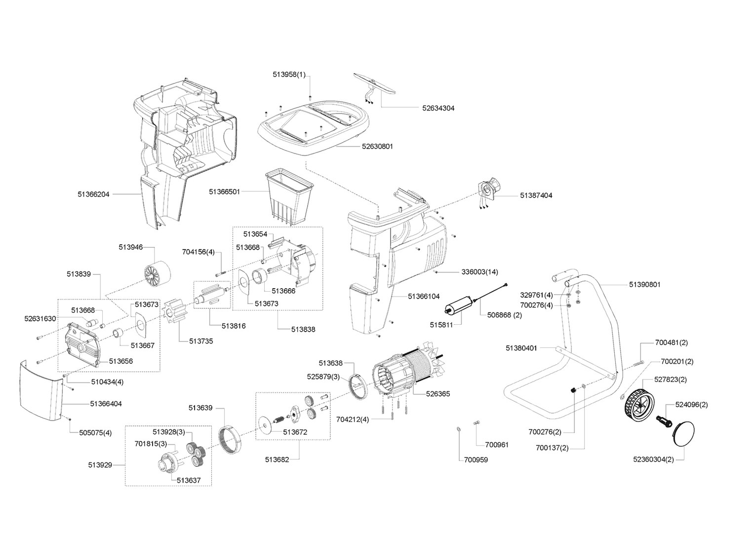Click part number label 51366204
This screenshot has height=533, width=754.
pyautogui.click(x=93, y=194)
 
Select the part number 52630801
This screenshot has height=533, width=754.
pyautogui.click(x=377, y=147)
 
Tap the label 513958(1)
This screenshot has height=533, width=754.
pyautogui.click(x=289, y=75)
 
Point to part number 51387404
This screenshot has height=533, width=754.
pyautogui.click(x=536, y=195)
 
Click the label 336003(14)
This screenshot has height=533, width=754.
pyautogui.click(x=479, y=272)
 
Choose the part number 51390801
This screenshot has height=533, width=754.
pyautogui.click(x=644, y=285)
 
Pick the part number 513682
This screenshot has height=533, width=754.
pyautogui.click(x=276, y=459)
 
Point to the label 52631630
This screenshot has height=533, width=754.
pyautogui.click(x=40, y=319)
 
